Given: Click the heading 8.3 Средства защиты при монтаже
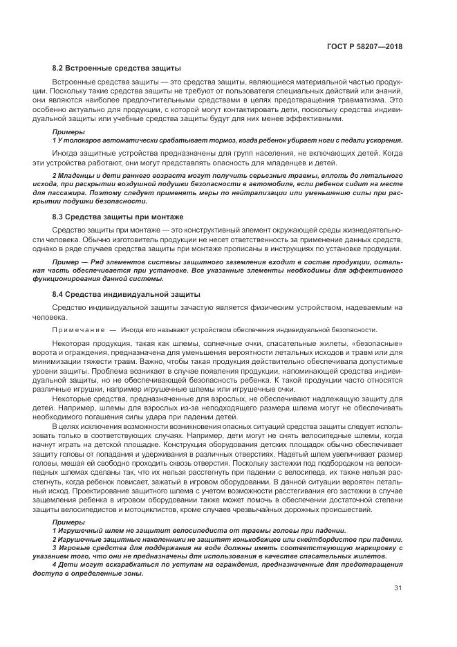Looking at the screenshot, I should (118, 217).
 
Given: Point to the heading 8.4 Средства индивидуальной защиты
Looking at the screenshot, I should (118, 295).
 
